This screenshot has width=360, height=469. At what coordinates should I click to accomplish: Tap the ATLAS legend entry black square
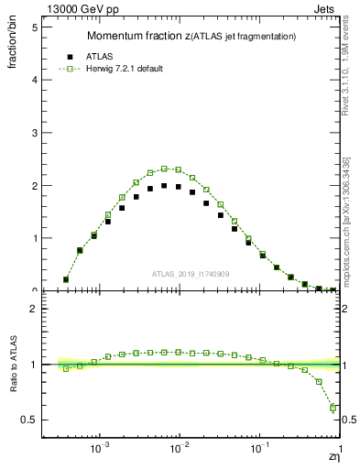click(x=70, y=55)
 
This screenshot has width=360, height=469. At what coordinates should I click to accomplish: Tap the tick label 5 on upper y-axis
click(x=34, y=27)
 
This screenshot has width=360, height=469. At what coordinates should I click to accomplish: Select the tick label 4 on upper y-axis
click(x=34, y=80)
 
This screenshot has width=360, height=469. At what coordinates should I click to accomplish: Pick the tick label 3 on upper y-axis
click(x=34, y=133)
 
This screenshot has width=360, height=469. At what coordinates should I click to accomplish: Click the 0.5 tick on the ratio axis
click(x=29, y=420)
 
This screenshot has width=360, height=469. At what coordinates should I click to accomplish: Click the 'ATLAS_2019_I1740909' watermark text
click(x=191, y=274)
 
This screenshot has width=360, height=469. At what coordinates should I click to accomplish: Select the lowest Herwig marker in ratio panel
click(x=333, y=408)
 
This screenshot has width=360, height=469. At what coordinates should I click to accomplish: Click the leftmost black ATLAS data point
click(x=66, y=279)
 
